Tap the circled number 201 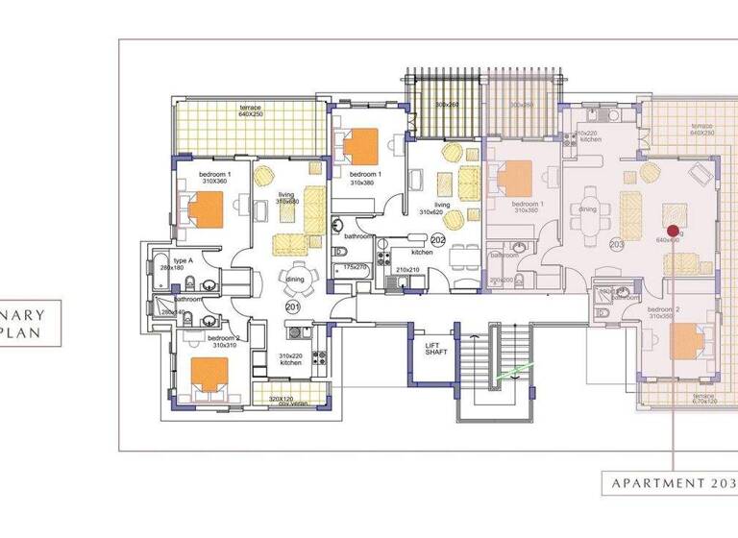point(293,306)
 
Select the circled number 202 point(438,239)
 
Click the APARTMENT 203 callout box point(669,483)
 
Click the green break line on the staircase point(515,369)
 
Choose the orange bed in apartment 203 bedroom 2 point(688,340)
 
